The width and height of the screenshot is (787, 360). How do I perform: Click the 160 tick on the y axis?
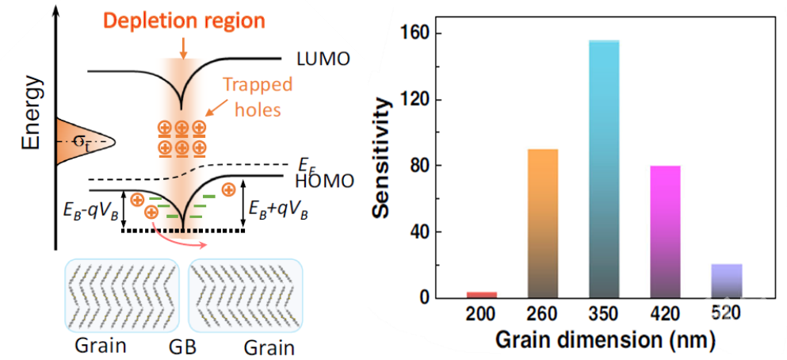[x=418, y=34]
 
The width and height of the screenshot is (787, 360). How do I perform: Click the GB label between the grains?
[x=181, y=348]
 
